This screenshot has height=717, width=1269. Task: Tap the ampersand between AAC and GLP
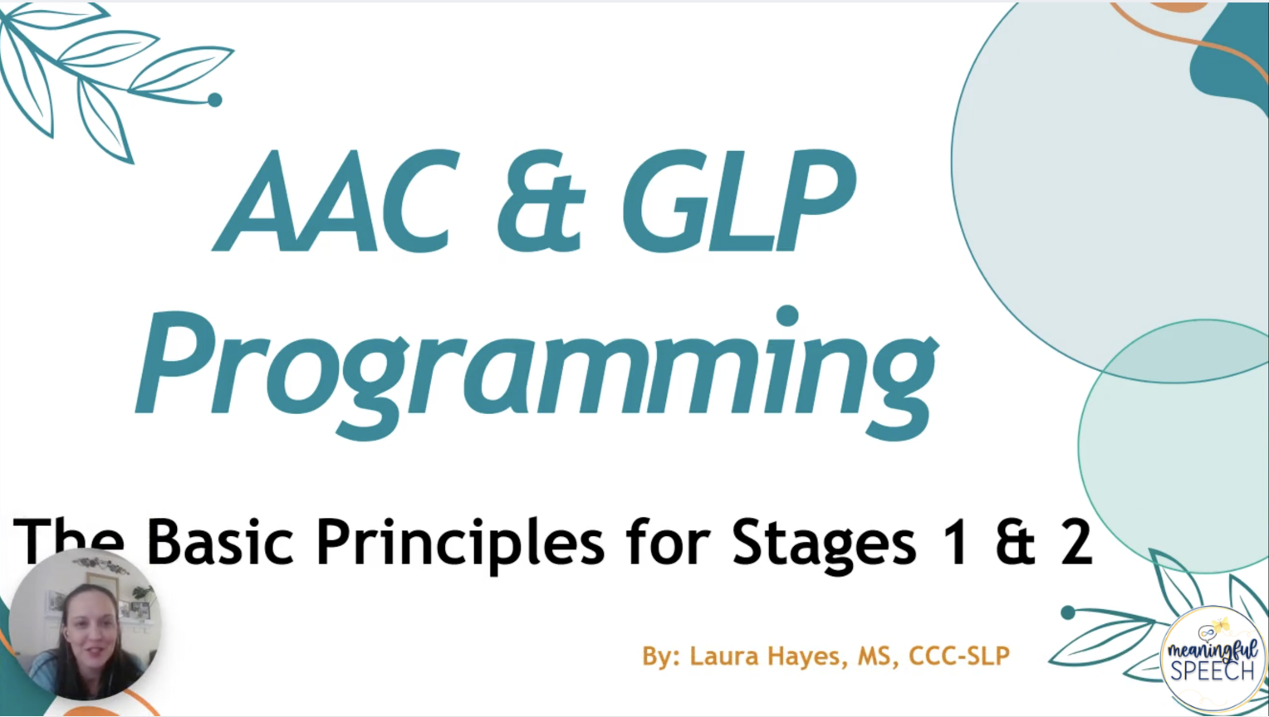(541, 201)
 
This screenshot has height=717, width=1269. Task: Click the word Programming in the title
(537, 373)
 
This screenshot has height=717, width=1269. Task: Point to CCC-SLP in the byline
(959, 656)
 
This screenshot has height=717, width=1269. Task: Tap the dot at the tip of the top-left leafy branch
(215, 100)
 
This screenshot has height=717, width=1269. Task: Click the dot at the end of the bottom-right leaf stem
(1068, 612)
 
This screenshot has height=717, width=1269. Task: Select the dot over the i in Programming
(787, 316)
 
